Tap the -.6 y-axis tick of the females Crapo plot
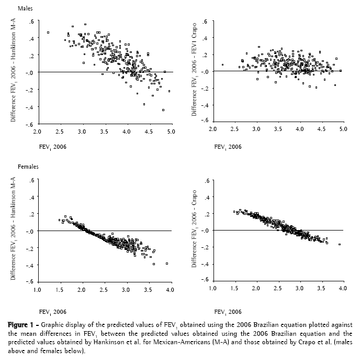pyautogui.click(x=206, y=281)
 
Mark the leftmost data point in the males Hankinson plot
pyautogui.click(x=48, y=32)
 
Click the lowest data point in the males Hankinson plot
pyautogui.click(x=163, y=110)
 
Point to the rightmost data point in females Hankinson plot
pyautogui.click(x=167, y=264)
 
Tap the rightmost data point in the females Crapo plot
pyautogui.click(x=340, y=244)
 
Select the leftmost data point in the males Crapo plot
pyautogui.click(x=222, y=65)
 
